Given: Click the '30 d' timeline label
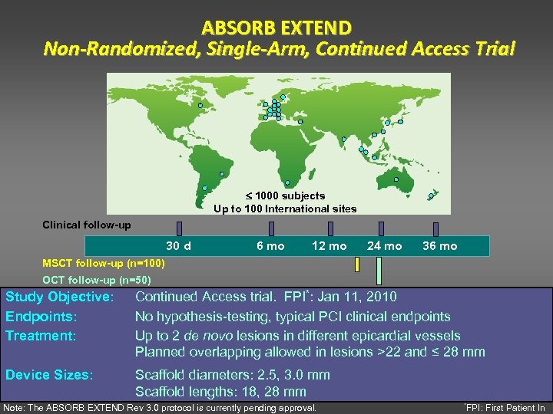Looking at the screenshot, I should click(x=178, y=246).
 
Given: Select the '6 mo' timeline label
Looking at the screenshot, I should click(x=270, y=246).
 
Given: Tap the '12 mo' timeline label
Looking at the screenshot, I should click(x=329, y=246).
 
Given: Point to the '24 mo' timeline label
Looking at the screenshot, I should click(x=384, y=246).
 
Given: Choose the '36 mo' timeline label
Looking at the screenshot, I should click(x=439, y=246).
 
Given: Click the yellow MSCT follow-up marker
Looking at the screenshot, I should click(x=357, y=264).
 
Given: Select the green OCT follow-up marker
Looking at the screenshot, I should click(x=379, y=270).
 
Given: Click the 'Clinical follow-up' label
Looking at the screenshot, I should click(x=86, y=225).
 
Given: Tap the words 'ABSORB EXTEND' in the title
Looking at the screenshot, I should click(x=276, y=28).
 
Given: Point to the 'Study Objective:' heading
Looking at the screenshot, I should click(x=60, y=297).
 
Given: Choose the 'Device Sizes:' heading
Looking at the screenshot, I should click(x=49, y=375).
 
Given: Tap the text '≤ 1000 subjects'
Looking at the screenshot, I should click(x=285, y=195).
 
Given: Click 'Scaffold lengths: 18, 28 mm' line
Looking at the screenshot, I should click(x=220, y=392).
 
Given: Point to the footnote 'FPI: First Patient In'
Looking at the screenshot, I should click(x=506, y=408).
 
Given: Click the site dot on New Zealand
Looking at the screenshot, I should click(x=431, y=195).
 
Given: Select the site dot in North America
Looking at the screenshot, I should click(x=200, y=105).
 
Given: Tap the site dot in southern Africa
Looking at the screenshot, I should click(x=286, y=182).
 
